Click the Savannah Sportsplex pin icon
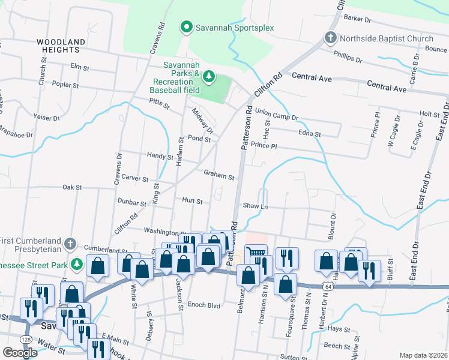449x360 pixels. (187, 27)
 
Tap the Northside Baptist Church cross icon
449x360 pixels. (330, 38)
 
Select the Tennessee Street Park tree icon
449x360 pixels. (76, 264)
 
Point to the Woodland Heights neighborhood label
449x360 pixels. (61, 46)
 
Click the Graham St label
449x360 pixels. (218, 176)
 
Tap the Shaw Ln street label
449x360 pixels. (255, 206)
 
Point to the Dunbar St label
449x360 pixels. (132, 203)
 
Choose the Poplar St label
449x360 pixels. (66, 85)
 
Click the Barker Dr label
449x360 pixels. (357, 19)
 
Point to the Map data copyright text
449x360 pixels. (424, 356)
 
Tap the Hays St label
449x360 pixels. (339, 329)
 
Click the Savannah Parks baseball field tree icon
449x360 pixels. (208, 76)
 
